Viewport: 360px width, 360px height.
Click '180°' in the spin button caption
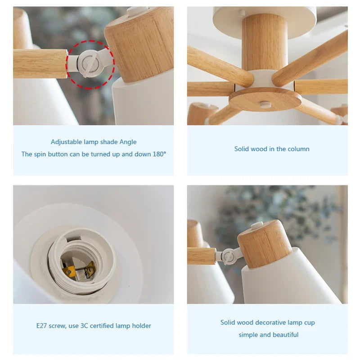pos(159,154)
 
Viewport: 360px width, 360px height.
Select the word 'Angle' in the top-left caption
pos(128,142)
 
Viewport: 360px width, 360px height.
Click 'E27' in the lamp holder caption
pos(42,326)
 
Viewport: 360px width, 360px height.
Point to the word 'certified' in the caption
pos(102,326)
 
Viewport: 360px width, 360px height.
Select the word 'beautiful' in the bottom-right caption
pos(286,335)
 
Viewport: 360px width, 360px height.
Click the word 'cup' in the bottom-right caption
pos(310,323)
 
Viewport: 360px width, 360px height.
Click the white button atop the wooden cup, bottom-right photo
pos(257,225)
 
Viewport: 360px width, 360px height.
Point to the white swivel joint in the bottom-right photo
pos(229,255)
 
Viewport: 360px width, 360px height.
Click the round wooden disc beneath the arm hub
pos(265,99)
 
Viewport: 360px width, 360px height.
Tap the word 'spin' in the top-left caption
pos(40,154)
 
